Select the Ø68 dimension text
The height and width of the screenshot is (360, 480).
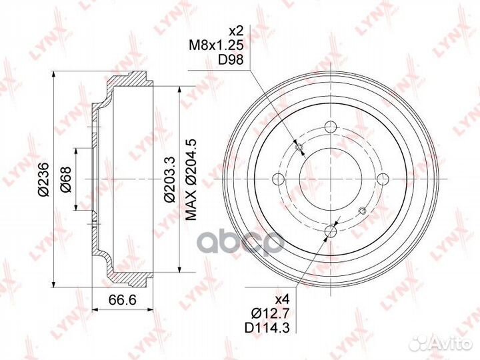[x=65, y=179]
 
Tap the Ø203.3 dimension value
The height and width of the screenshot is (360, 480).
[x=169, y=179]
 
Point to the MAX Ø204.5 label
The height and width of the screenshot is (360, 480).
[x=191, y=179]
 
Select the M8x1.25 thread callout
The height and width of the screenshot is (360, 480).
[x=216, y=45]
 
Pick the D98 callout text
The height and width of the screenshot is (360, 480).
[x=231, y=59]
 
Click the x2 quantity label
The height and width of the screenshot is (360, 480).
[x=236, y=31]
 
